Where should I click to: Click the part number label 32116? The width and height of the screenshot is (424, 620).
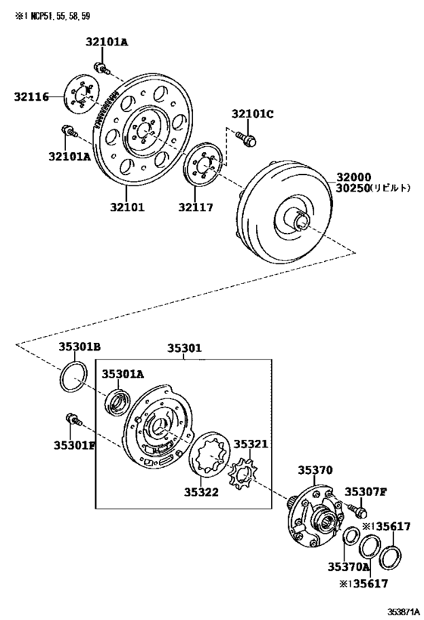coord(31,97)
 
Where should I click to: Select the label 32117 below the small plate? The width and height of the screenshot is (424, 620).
coord(195,207)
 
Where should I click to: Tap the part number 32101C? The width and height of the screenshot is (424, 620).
coord(252,114)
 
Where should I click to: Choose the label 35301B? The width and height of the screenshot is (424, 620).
coord(80,347)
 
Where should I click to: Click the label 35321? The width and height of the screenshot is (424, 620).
coord(251,444)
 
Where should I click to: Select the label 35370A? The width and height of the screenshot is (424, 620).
coord(348,566)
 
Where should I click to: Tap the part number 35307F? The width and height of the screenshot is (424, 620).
coord(366,491)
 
